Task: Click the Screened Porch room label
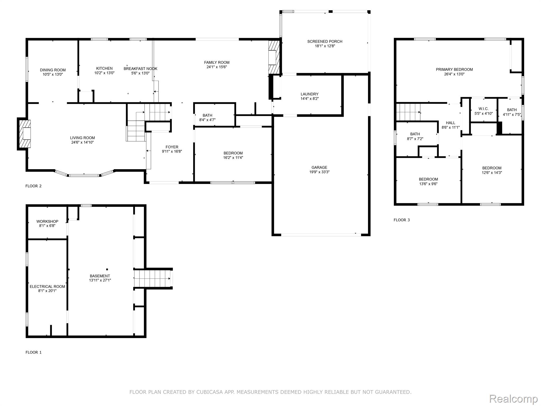point(325,41)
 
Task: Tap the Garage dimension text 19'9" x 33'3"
point(319,172)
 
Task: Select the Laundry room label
point(309,94)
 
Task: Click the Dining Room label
point(53,70)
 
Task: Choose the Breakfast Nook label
point(141,69)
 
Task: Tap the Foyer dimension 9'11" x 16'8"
point(172,152)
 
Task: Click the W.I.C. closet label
point(483,109)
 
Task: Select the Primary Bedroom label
point(454,70)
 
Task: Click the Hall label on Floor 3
point(450,123)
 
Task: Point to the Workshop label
point(47,222)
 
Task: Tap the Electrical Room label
point(47,287)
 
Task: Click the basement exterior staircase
point(152,278)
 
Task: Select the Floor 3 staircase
point(408,112)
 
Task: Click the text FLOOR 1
point(34,352)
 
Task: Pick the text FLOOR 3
point(402,220)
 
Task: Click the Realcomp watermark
point(513,399)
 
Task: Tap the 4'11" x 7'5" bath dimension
point(512,115)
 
